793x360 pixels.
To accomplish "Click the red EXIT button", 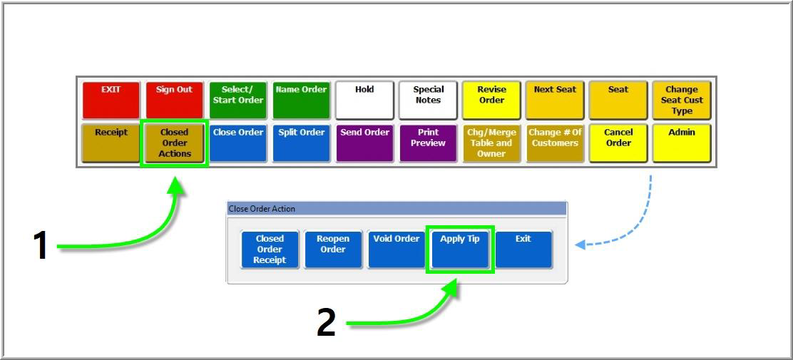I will tap(111, 100).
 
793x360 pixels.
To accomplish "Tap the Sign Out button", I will tap(174, 100).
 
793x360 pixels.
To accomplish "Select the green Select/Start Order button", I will tap(237, 100).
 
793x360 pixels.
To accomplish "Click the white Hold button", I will tap(364, 100).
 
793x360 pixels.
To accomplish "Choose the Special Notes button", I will tap(428, 100).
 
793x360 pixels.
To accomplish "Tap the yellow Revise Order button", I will tap(491, 100).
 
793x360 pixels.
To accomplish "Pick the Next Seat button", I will tap(555, 100).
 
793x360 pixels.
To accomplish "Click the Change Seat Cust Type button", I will tap(681, 100).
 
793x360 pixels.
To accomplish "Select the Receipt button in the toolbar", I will tap(111, 143).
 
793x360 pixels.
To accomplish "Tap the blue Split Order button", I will tap(301, 143).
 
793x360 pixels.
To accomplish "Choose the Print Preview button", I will tap(428, 143).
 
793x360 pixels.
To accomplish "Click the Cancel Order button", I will tap(618, 143).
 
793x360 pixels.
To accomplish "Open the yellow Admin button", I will tap(681, 143).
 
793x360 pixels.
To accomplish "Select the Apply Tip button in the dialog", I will tap(460, 249).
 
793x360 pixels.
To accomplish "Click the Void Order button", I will tap(396, 249).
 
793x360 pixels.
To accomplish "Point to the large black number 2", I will tap(326, 323).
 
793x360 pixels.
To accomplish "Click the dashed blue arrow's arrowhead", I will tap(580, 245).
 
